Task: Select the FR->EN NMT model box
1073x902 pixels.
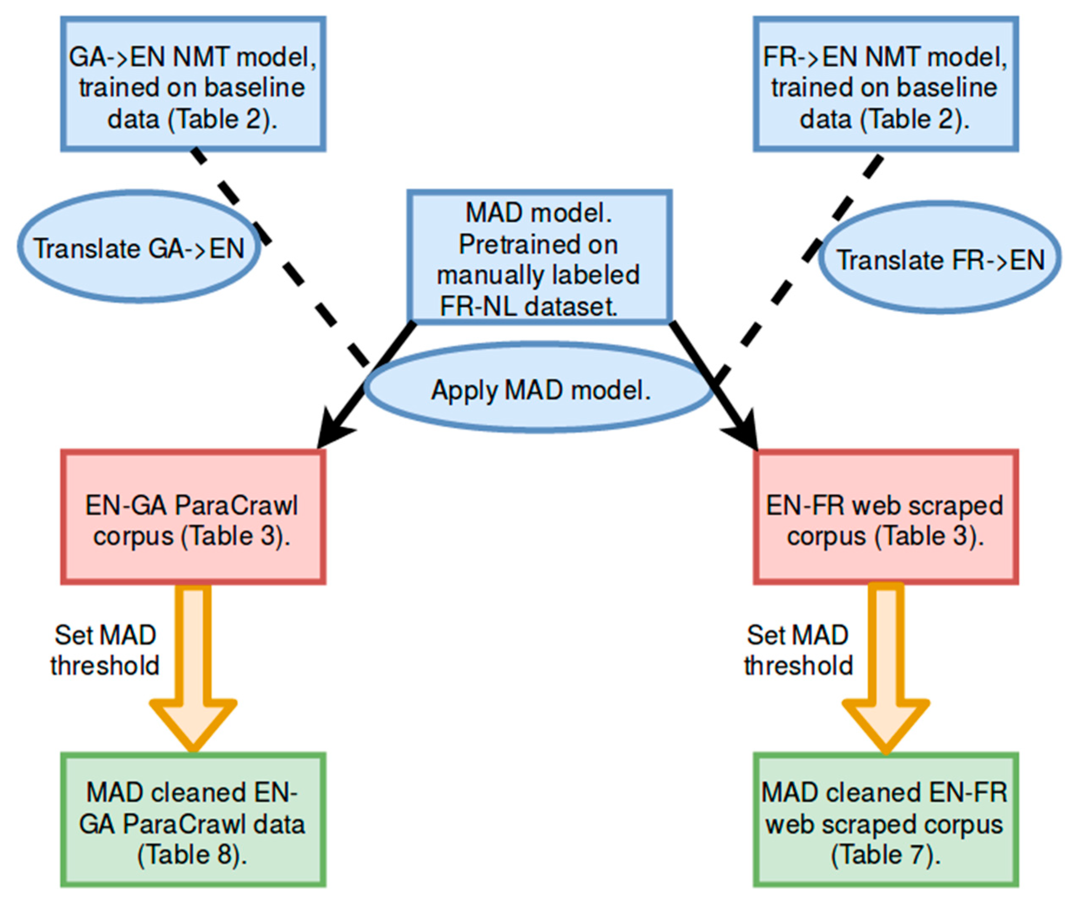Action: (x=885, y=85)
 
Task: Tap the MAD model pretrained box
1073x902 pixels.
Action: (x=539, y=257)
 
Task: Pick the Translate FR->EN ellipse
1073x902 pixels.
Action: (x=940, y=260)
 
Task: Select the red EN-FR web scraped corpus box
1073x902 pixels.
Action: (x=885, y=518)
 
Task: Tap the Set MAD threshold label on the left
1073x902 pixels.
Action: (x=105, y=651)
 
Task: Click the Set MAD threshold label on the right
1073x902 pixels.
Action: (x=798, y=651)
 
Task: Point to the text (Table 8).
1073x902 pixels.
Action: (x=192, y=854)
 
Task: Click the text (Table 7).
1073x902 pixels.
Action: (x=885, y=854)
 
